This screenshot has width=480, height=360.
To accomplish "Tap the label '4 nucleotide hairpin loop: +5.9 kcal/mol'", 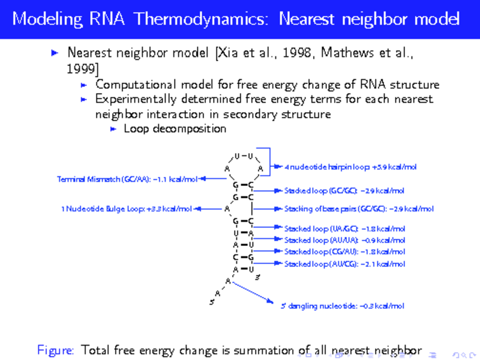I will (x=350, y=167).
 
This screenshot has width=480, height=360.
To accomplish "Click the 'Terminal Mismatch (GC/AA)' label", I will (x=127, y=179).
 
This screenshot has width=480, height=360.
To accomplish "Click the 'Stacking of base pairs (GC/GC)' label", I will (x=358, y=209).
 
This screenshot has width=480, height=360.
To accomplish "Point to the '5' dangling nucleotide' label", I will (x=342, y=305).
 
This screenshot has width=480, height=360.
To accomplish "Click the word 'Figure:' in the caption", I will (x=55, y=349).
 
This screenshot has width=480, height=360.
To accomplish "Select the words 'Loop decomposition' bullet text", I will (x=175, y=128).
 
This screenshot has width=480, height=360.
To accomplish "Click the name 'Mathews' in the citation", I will (x=342, y=53).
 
